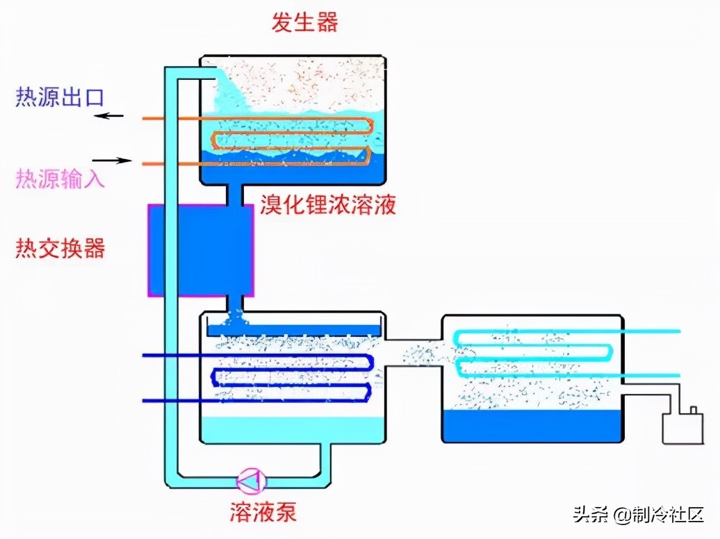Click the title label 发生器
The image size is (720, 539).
click(304, 22)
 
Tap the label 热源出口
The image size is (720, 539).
click(60, 97)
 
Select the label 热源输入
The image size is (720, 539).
click(60, 179)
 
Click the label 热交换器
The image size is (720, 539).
click(60, 248)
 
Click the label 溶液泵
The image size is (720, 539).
click(263, 513)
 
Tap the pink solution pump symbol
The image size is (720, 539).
click(250, 479)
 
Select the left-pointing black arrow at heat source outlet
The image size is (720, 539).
click(109, 116)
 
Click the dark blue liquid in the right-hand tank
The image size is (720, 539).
click(532, 425)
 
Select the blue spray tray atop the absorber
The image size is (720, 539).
click(292, 330)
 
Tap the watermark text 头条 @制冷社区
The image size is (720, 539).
click(639, 515)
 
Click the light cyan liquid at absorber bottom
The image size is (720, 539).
click(292, 429)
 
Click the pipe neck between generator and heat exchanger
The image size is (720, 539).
click(235, 195)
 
